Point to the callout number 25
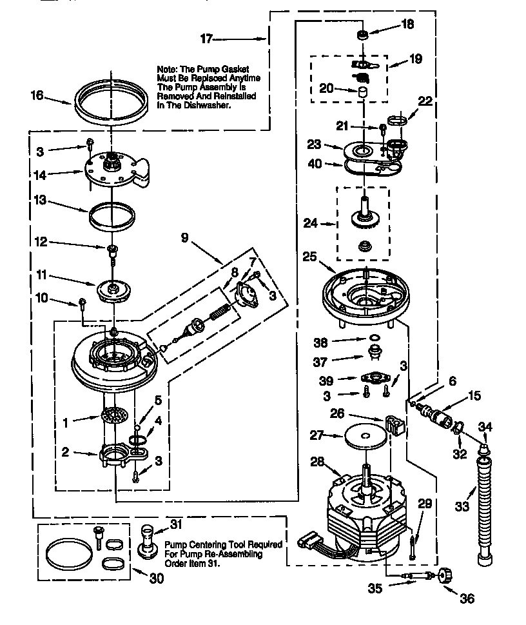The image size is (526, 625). coord(310,256)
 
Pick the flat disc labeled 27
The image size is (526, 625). coord(364,437)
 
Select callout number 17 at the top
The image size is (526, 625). coord(206,39)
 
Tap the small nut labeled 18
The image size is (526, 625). coord(363,35)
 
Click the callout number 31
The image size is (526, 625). coord(177,523)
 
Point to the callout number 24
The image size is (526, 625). coord(311,224)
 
